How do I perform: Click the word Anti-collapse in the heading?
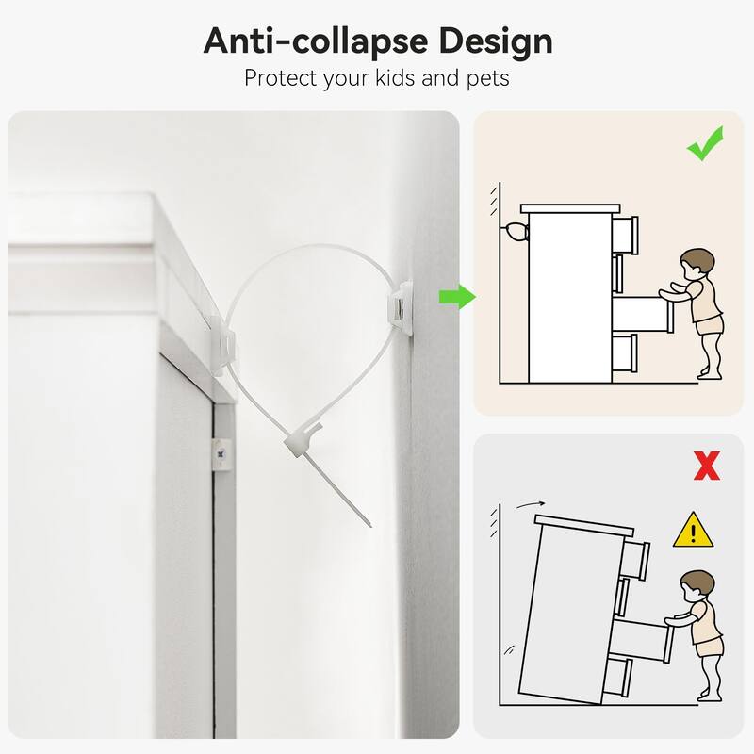pyautogui.click(x=316, y=41)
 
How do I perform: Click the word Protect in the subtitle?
pyautogui.click(x=281, y=78)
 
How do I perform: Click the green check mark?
pyautogui.click(x=705, y=143)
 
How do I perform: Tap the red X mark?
pyautogui.click(x=706, y=465)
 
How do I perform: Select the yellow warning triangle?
pyautogui.click(x=693, y=530)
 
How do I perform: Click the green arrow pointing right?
pyautogui.click(x=457, y=297)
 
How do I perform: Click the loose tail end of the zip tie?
pyautogui.click(x=370, y=526)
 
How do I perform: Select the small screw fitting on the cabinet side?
pyautogui.click(x=221, y=453)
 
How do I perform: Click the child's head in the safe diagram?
pyautogui.click(x=697, y=264)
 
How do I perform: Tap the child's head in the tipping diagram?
pyautogui.click(x=697, y=586)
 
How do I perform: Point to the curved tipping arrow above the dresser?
pyautogui.click(x=531, y=504)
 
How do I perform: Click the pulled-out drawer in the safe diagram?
pyautogui.click(x=642, y=314)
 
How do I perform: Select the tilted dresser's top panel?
pyautogui.click(x=584, y=526)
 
